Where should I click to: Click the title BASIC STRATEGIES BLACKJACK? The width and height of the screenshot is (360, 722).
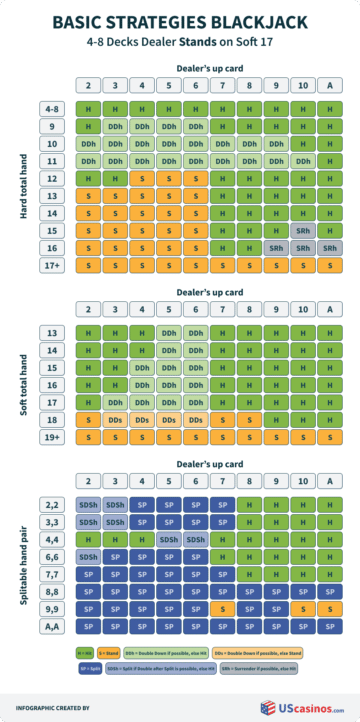pos(180,21)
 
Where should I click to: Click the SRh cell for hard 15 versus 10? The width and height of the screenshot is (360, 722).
pos(301,230)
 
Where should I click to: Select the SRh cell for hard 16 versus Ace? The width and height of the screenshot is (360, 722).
pos(328,247)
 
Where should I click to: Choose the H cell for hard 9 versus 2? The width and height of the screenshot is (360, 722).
pos(88,126)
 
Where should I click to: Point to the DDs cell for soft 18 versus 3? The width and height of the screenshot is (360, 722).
pos(115,420)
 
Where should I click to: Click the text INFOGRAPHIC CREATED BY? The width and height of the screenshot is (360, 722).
pos(58,707)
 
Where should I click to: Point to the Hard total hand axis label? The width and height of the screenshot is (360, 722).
pos(20,186)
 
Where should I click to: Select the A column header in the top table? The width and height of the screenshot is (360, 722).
pos(328,84)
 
